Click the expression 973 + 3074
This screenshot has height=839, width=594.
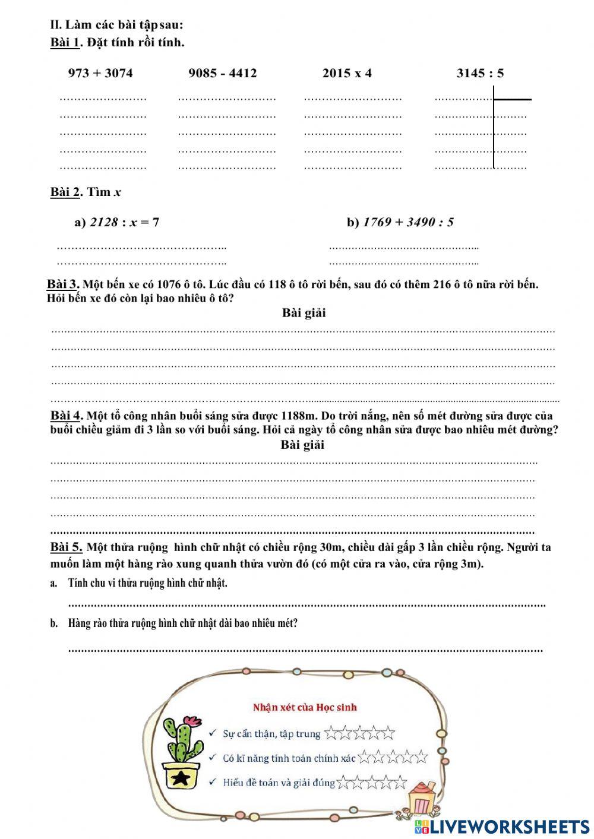(x=100, y=74)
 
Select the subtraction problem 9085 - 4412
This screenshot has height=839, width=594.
(x=223, y=74)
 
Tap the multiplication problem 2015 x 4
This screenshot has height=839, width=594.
(x=347, y=74)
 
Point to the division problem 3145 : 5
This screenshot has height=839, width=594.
(x=480, y=74)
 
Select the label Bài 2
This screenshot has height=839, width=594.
(x=65, y=192)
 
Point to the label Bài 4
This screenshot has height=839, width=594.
(x=65, y=415)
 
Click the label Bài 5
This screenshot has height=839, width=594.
(x=65, y=547)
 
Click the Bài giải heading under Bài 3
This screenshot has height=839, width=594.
(x=304, y=313)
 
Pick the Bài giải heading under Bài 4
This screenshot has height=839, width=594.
(x=302, y=445)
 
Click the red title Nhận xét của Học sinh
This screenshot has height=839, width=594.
(x=305, y=707)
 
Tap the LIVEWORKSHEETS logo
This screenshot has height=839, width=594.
(x=502, y=827)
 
